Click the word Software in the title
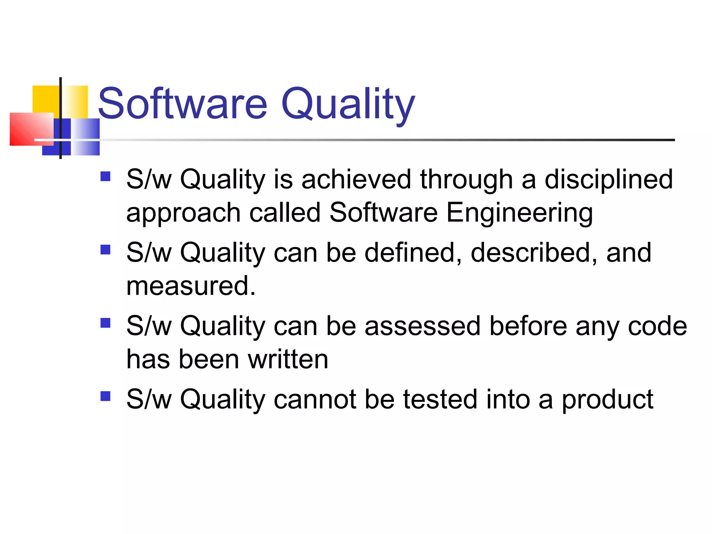coord(183,104)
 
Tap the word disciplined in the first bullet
coord(608,179)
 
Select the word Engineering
coord(519,213)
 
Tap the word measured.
coord(191,286)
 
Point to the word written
coord(288,359)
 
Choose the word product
coord(607,400)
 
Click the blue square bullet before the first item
coord(105,176)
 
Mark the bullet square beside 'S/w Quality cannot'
coord(105,396)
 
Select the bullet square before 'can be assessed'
coord(105,323)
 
